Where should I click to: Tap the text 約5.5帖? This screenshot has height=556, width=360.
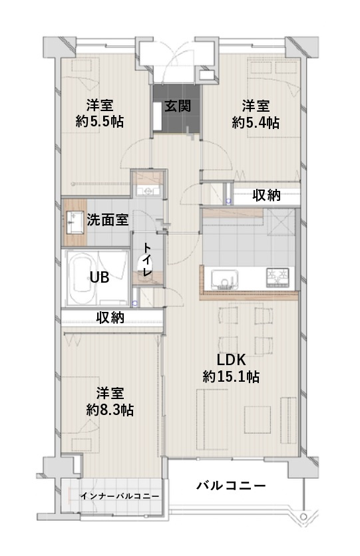tap(100, 122)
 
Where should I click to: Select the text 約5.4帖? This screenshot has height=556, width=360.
tap(256, 122)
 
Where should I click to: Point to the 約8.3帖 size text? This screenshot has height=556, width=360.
tap(110, 410)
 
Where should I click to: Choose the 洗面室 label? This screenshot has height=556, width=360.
tap(108, 219)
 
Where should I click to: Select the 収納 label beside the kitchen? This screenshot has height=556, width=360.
tap(266, 195)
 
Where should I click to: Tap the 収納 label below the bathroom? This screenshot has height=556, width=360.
tap(110, 317)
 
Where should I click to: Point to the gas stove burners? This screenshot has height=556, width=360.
tap(277, 275)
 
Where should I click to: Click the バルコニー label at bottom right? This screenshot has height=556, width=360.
tap(231, 486)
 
